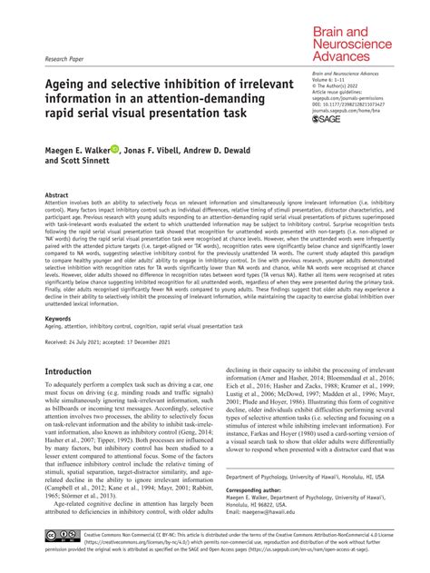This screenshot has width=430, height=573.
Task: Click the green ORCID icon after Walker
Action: click(115, 150)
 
